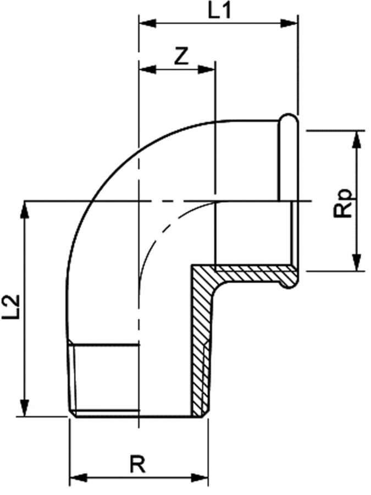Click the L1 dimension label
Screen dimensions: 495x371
coord(219,12)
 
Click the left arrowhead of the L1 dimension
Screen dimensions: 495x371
coord(146,23)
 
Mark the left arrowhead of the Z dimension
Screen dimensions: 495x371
coord(146,69)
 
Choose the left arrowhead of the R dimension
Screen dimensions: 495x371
coord(77,476)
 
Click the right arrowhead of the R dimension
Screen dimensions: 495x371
coord(200,476)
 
